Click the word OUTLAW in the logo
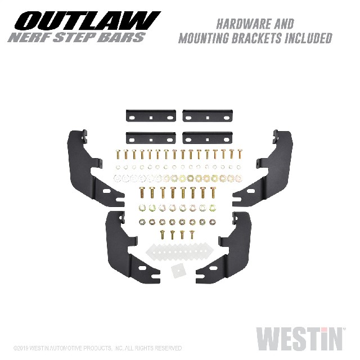pyautogui.click(x=87, y=21)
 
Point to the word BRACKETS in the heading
pyautogui.click(x=256, y=38)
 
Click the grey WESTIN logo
pyautogui.click(x=299, y=339)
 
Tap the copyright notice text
pyautogui.click(x=97, y=348)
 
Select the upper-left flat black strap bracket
pyautogui.click(x=151, y=116)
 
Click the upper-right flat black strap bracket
pyautogui.click(x=208, y=116)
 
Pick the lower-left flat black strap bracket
pyautogui.click(x=151, y=138)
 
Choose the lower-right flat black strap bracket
pyautogui.click(x=208, y=138)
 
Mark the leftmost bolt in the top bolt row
pyautogui.click(x=118, y=154)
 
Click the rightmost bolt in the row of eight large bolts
pyautogui.click(x=213, y=192)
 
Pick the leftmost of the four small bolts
pyautogui.click(x=162, y=235)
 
